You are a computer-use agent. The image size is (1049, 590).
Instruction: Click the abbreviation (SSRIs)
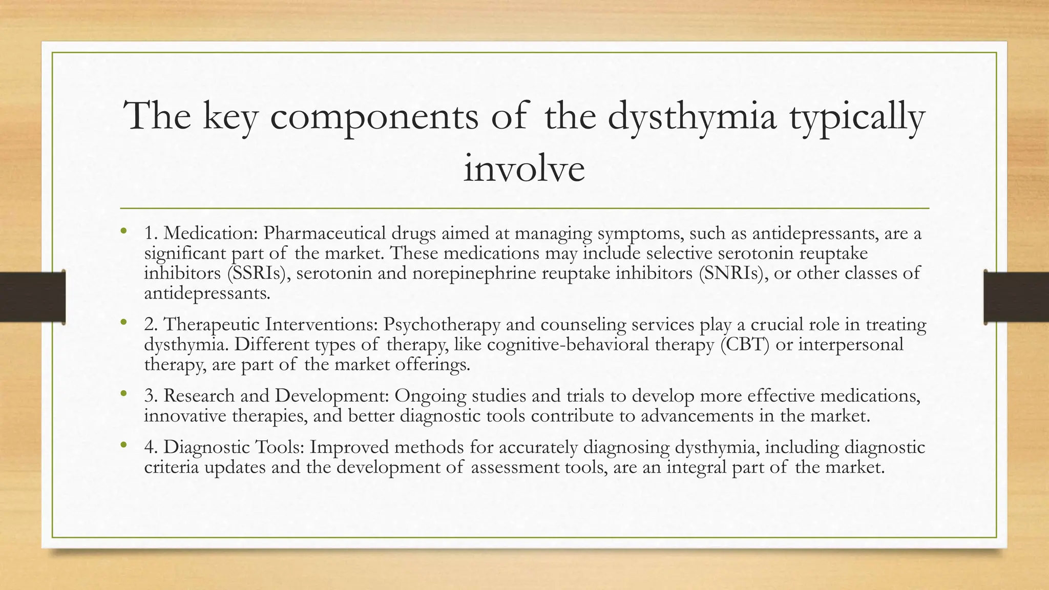(256, 273)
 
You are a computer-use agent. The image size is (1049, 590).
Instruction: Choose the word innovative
(185, 416)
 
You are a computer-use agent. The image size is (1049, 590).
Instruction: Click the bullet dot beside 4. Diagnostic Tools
(123, 446)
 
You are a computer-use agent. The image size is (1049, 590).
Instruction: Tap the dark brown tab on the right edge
(1016, 297)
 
